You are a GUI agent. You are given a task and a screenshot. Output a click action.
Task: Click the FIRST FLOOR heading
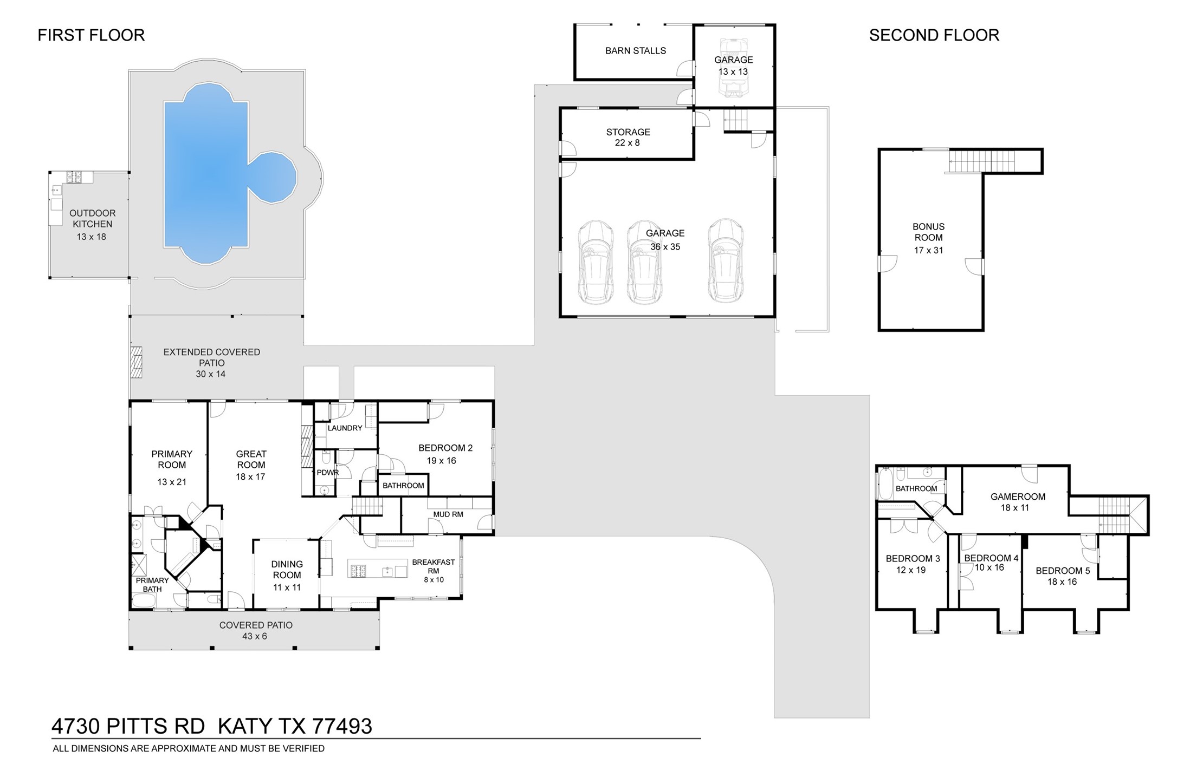[91, 35]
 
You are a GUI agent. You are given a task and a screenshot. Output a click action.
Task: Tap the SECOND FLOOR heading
[934, 35]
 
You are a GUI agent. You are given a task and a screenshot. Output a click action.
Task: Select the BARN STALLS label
[635, 51]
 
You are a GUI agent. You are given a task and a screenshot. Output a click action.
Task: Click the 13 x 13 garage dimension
[733, 72]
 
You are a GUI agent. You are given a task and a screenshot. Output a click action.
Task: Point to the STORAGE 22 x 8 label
[628, 137]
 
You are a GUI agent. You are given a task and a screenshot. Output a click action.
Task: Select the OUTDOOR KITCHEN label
[92, 219]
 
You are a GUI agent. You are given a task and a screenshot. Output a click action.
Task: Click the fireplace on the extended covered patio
[135, 362]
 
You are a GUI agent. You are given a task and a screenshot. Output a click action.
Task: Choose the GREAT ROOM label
[251, 459]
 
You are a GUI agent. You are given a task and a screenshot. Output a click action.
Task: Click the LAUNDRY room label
[345, 428]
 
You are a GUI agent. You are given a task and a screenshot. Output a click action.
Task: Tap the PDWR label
[327, 473]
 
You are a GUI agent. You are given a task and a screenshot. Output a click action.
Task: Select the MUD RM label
[448, 514]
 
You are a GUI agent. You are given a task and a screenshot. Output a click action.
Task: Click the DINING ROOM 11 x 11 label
[287, 575]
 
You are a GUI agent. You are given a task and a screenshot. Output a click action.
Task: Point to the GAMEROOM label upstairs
[1017, 496]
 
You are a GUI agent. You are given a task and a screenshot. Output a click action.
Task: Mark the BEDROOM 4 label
[991, 558]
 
